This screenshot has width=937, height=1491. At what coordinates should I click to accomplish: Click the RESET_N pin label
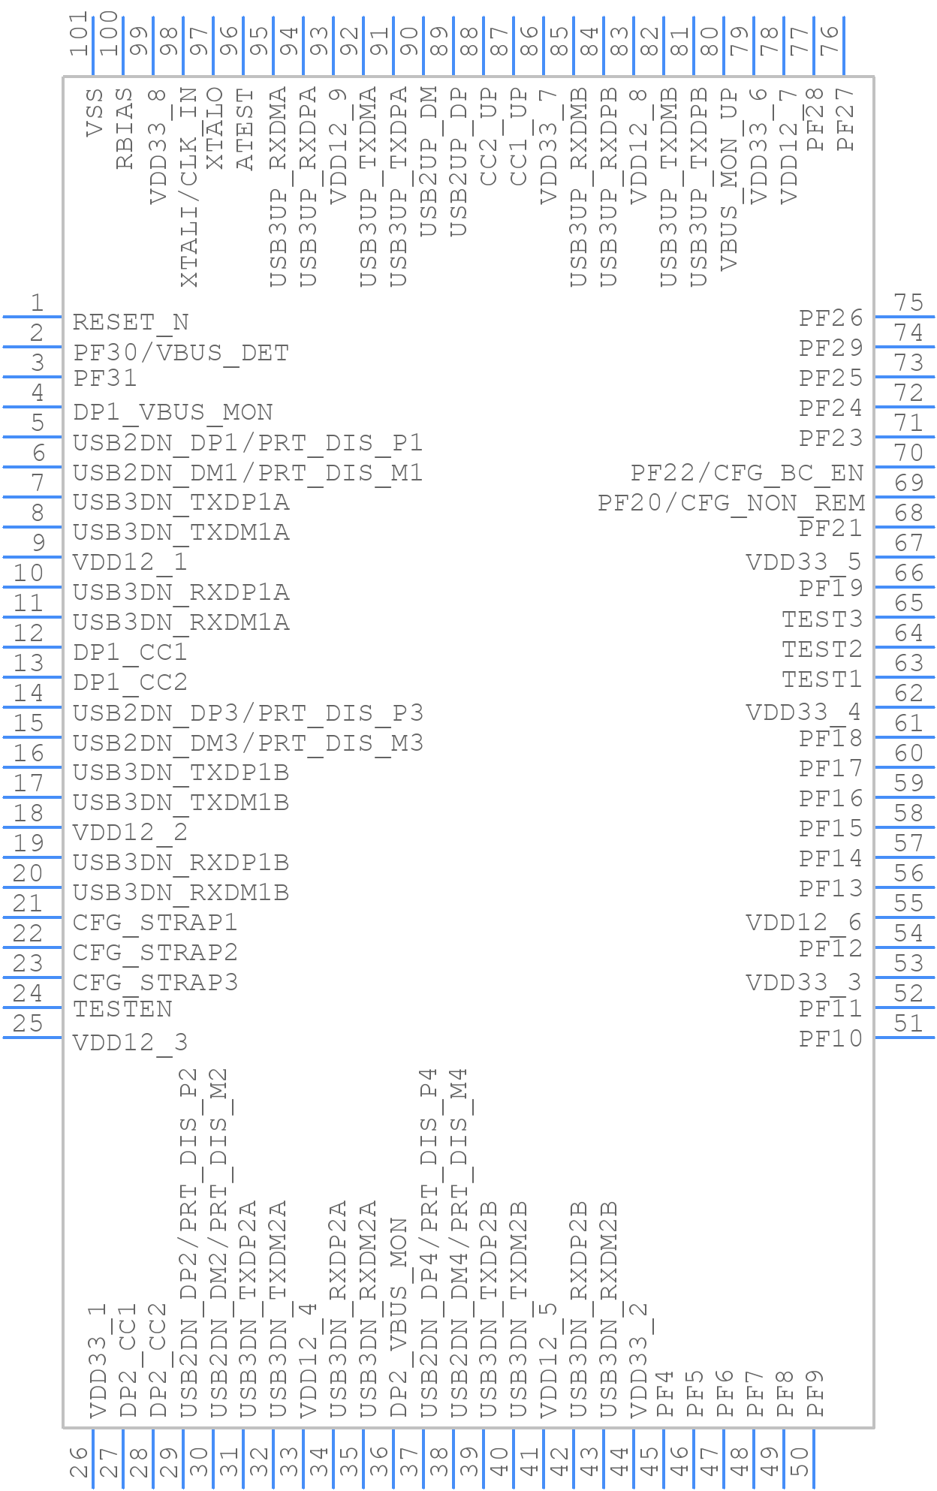point(130,322)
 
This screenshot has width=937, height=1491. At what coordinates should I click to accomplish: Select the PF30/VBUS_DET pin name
point(181,352)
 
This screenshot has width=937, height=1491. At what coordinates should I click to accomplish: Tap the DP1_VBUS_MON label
point(173,412)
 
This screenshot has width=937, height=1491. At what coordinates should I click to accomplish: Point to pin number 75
point(908,303)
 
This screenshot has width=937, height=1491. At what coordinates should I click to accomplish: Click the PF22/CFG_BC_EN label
point(747,472)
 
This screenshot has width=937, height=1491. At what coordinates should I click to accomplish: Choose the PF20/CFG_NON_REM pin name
point(731,502)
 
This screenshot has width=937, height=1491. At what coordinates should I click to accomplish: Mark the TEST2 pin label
point(822,649)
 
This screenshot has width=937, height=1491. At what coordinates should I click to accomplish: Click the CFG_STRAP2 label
point(155,952)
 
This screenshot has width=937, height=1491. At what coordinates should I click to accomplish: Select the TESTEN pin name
point(122,1009)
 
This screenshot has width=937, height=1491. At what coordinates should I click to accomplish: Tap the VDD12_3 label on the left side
point(130,1042)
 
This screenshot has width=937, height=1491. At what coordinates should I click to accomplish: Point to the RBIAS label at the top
point(125,128)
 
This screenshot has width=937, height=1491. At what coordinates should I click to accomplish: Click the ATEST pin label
point(245,128)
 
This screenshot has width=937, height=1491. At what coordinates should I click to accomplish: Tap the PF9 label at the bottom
point(816,1393)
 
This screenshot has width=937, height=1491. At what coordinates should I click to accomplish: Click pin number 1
point(36,303)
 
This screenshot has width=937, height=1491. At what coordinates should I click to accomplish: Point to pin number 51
point(908,1023)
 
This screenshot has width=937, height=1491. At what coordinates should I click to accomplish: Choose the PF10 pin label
point(830,1039)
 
